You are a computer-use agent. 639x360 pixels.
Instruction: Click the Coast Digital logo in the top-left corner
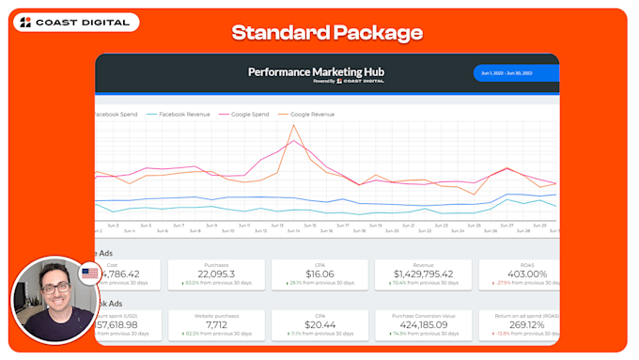75,23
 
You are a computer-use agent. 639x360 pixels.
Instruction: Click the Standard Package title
326,34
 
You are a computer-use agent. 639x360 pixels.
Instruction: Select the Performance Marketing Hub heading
316,71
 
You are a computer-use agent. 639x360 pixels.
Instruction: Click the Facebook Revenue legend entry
184,114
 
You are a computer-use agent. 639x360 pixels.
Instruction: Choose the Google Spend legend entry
248,114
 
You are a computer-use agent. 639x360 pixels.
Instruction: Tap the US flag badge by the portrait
90,274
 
